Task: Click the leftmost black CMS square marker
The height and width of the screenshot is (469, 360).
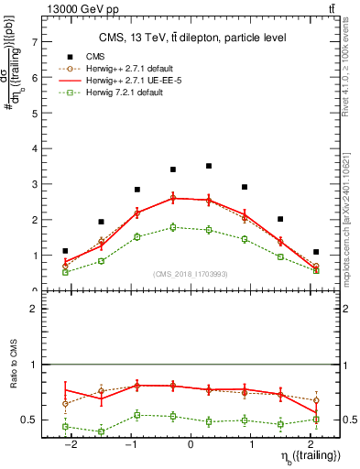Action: coord(65,251)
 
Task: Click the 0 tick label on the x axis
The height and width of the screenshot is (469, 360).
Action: coord(191,443)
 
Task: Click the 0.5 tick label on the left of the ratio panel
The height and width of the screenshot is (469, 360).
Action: coord(30,420)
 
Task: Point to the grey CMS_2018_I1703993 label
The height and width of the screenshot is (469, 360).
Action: coord(191,274)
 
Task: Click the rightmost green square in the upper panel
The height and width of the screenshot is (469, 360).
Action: coord(316,270)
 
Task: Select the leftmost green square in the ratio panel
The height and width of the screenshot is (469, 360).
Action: coord(65,427)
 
